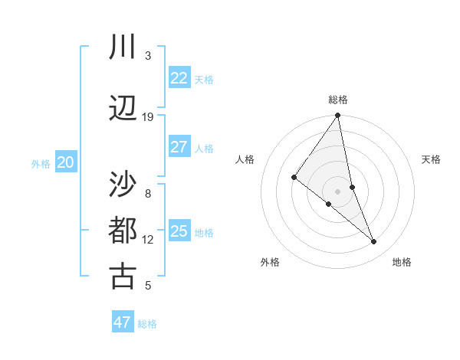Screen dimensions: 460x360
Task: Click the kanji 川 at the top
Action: (123, 47)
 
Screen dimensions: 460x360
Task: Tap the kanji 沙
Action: (123, 185)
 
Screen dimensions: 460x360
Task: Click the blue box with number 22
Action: (179, 78)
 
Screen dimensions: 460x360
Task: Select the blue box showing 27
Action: (179, 147)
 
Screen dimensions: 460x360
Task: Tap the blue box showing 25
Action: (179, 231)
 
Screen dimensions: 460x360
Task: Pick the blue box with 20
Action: (66, 162)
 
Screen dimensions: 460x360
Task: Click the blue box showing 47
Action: (123, 322)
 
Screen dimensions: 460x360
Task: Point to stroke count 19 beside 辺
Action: (148, 117)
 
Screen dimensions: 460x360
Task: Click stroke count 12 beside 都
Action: (148, 240)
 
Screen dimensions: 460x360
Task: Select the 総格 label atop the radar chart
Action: (338, 100)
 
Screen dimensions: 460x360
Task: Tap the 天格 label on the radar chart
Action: (432, 159)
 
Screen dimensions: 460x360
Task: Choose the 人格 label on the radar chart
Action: (245, 159)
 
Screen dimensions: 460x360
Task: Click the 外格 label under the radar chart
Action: (270, 262)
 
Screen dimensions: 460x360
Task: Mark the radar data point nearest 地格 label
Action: (374, 242)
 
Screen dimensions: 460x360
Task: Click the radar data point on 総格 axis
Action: (338, 116)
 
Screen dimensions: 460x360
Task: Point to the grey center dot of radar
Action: (338, 191)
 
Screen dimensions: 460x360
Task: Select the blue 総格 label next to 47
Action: (147, 324)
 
